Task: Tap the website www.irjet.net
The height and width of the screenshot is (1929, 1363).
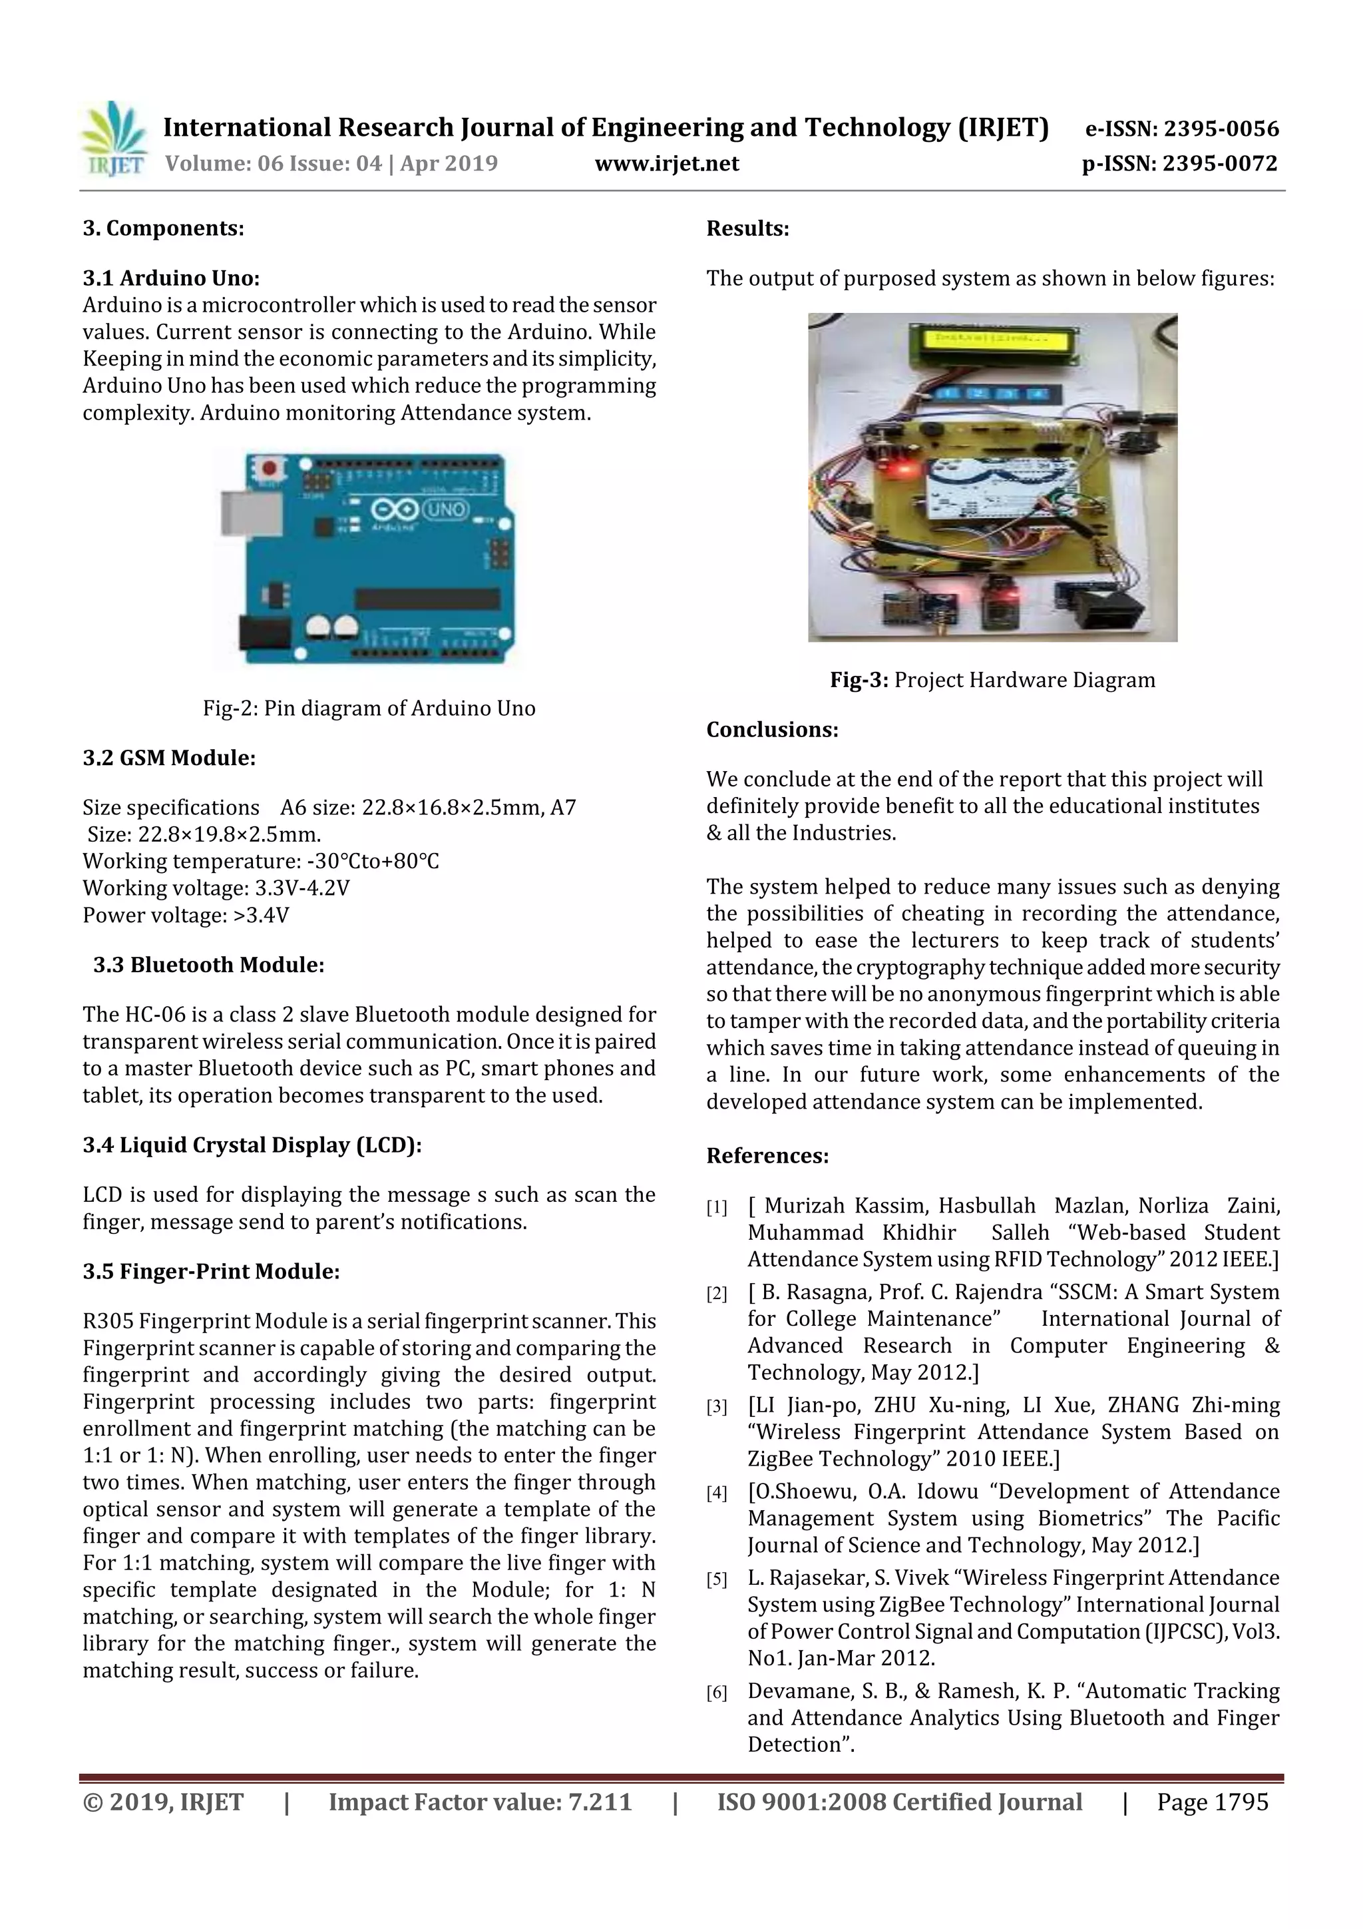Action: (x=667, y=163)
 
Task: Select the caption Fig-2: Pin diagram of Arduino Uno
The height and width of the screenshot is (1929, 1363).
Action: (x=369, y=708)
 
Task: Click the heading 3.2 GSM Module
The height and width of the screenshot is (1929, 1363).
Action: (x=169, y=758)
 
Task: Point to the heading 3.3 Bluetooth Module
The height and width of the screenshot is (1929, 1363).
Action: (x=208, y=964)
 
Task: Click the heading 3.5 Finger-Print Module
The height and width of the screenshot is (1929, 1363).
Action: (x=211, y=1271)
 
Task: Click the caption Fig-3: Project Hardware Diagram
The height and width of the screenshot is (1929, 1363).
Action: (x=992, y=680)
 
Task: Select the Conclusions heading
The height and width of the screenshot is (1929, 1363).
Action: (x=772, y=729)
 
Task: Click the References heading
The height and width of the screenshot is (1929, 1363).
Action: (x=767, y=1155)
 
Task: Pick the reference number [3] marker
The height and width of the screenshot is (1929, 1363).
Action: (x=716, y=1407)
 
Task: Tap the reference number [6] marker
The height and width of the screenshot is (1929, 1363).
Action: (x=716, y=1693)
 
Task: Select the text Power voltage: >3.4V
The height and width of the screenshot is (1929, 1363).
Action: (x=186, y=915)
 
